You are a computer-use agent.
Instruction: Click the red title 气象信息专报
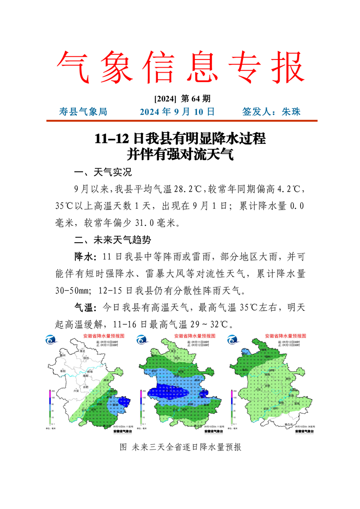[x=180, y=67]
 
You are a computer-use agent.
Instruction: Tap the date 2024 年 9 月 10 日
[x=177, y=112]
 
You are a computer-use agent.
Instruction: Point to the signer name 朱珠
[x=291, y=112]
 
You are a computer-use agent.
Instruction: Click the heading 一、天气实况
[x=103, y=173]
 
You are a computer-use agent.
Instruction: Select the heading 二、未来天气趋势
[x=112, y=240]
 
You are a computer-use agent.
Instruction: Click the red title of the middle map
[x=195, y=336]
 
